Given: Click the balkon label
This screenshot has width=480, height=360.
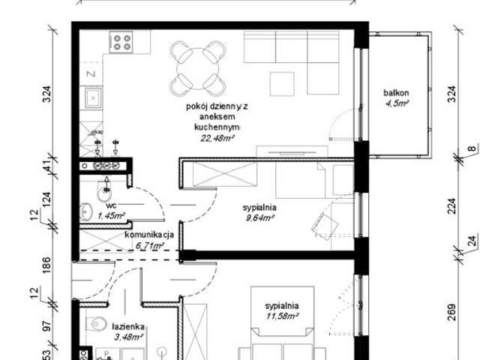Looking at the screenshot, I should click(396, 93).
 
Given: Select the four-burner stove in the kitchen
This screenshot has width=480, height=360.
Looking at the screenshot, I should click(121, 40).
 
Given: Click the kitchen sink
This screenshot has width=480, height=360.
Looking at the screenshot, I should click(94, 97).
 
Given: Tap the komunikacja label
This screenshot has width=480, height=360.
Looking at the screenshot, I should click(149, 234).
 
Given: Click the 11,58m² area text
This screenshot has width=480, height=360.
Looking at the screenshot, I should click(281, 317).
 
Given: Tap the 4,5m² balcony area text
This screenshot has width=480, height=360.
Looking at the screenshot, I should click(396, 104).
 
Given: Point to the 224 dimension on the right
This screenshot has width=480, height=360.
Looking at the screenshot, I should click(451, 205).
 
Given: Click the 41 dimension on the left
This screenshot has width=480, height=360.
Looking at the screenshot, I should click(47, 165).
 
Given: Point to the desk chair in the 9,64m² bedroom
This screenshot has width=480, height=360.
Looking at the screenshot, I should click(328, 223).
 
